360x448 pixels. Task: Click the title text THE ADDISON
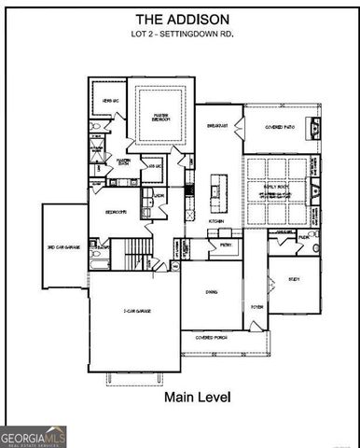click(x=179, y=19)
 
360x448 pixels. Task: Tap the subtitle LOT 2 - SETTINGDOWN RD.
click(x=179, y=35)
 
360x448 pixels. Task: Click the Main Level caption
click(x=197, y=397)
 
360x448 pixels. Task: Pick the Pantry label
click(x=224, y=244)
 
